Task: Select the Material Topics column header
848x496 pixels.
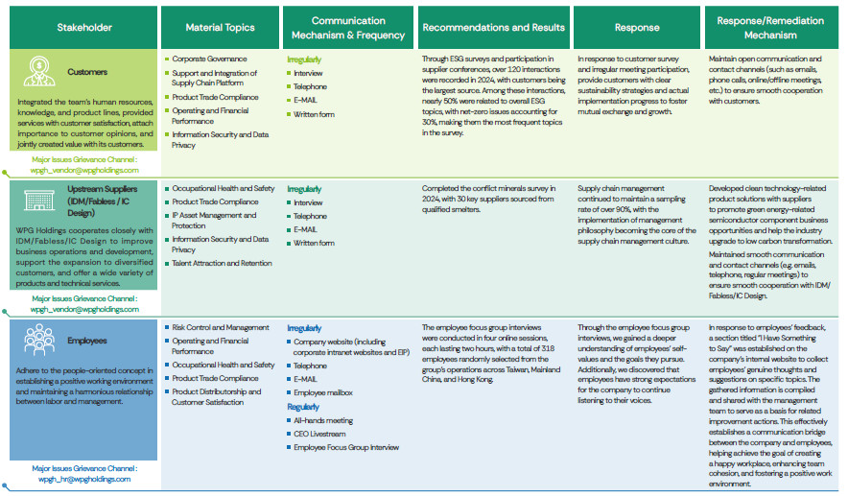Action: click(x=219, y=28)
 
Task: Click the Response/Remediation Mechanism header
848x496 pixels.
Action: click(x=770, y=28)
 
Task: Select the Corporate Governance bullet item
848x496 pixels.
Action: click(x=208, y=59)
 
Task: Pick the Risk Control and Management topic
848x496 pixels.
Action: click(x=221, y=327)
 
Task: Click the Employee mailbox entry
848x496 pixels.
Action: click(x=322, y=392)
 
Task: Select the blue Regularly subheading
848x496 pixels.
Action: click(x=303, y=407)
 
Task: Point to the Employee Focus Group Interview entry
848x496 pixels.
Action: click(x=346, y=447)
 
